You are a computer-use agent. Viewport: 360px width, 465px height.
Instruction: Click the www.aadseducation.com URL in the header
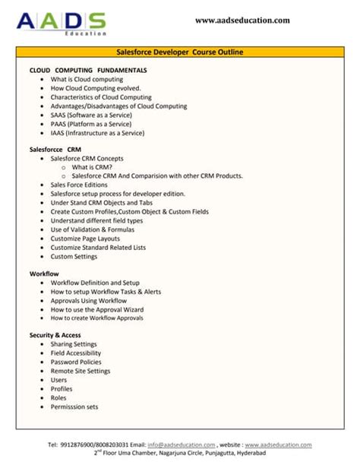(242, 21)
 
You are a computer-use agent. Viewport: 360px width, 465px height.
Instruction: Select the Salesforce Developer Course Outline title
(179, 52)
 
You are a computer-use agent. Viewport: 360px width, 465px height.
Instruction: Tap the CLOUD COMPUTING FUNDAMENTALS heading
(88, 70)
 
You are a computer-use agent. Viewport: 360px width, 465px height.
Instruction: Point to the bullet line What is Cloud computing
(87, 79)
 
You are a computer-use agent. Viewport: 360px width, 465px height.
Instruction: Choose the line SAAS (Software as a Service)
(94, 115)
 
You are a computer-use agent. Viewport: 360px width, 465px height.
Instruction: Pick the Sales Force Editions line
(79, 185)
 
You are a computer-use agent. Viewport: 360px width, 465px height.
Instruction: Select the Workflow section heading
(44, 274)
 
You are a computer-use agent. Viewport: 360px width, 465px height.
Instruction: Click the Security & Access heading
(55, 335)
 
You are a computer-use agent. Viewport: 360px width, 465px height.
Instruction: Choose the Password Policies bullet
(76, 362)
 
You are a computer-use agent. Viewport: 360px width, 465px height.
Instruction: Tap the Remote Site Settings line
(81, 371)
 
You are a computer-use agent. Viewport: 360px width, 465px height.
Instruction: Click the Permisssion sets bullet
(74, 406)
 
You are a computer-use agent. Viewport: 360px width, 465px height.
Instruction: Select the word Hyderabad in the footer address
(251, 453)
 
